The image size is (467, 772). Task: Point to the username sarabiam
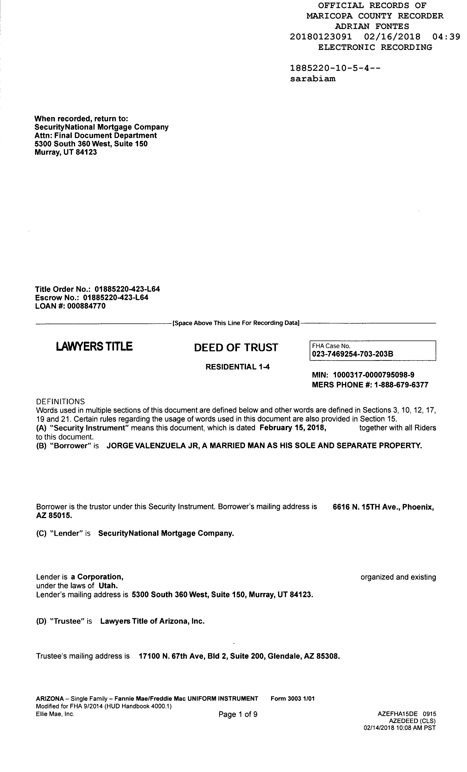[x=312, y=79]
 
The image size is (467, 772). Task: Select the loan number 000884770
[x=86, y=306]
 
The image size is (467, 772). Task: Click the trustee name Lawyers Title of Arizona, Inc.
[x=152, y=621]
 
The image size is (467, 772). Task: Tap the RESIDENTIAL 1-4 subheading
[x=237, y=367]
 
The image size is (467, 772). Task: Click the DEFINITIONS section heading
[x=60, y=402]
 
